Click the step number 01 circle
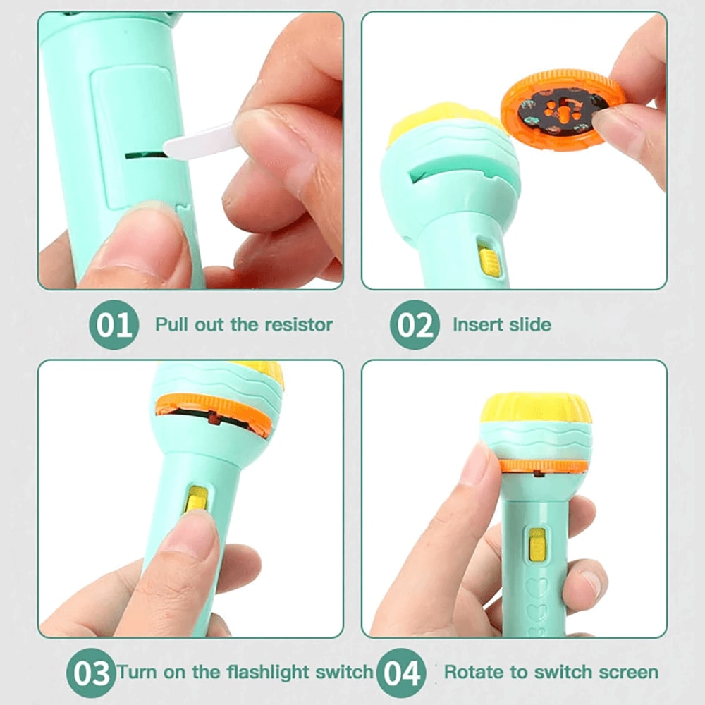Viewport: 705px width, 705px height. [114, 324]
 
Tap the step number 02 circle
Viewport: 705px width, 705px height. [415, 324]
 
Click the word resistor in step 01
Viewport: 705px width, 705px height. [298, 324]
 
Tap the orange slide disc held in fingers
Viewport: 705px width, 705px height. [561, 111]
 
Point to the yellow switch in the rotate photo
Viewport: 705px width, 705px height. [537, 546]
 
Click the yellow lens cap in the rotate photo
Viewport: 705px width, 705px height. [536, 407]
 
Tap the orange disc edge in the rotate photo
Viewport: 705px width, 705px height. [544, 466]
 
